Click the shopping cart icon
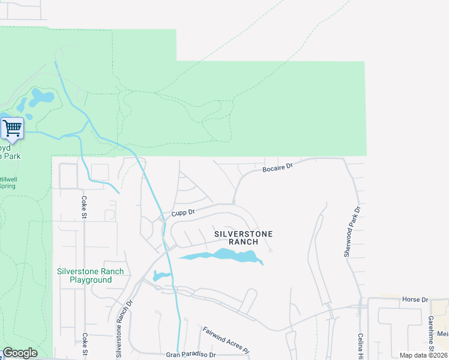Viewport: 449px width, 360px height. pos(12,128)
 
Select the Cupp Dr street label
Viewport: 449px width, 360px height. pos(183,212)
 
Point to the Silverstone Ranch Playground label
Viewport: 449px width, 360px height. pos(90,275)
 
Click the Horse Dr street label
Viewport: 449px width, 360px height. pos(415,299)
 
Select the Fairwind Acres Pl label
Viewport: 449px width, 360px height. pos(225,339)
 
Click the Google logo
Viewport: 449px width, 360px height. pos(20,353)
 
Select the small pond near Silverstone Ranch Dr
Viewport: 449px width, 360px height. pos(160,276)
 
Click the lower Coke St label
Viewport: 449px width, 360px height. pos(85,346)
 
